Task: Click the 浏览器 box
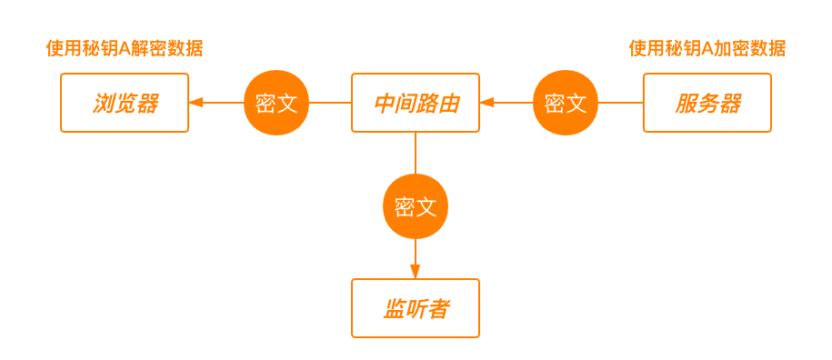click(x=125, y=103)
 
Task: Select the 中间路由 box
click(x=416, y=103)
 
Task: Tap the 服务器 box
click(x=707, y=103)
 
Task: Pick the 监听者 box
click(x=416, y=308)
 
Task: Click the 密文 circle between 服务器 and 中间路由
click(x=566, y=103)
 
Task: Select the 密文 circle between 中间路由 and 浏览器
click(x=276, y=103)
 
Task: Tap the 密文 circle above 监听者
click(x=416, y=206)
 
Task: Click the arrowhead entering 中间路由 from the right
click(x=486, y=103)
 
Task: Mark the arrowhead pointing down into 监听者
click(x=416, y=272)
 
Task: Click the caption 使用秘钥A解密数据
click(x=125, y=49)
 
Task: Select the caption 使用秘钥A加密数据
click(x=707, y=49)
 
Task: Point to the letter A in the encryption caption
click(x=707, y=49)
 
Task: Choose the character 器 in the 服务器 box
click(x=729, y=104)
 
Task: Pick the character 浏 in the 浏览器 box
click(x=103, y=104)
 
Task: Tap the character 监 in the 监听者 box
click(x=394, y=309)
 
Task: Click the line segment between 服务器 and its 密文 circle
click(x=620, y=103)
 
